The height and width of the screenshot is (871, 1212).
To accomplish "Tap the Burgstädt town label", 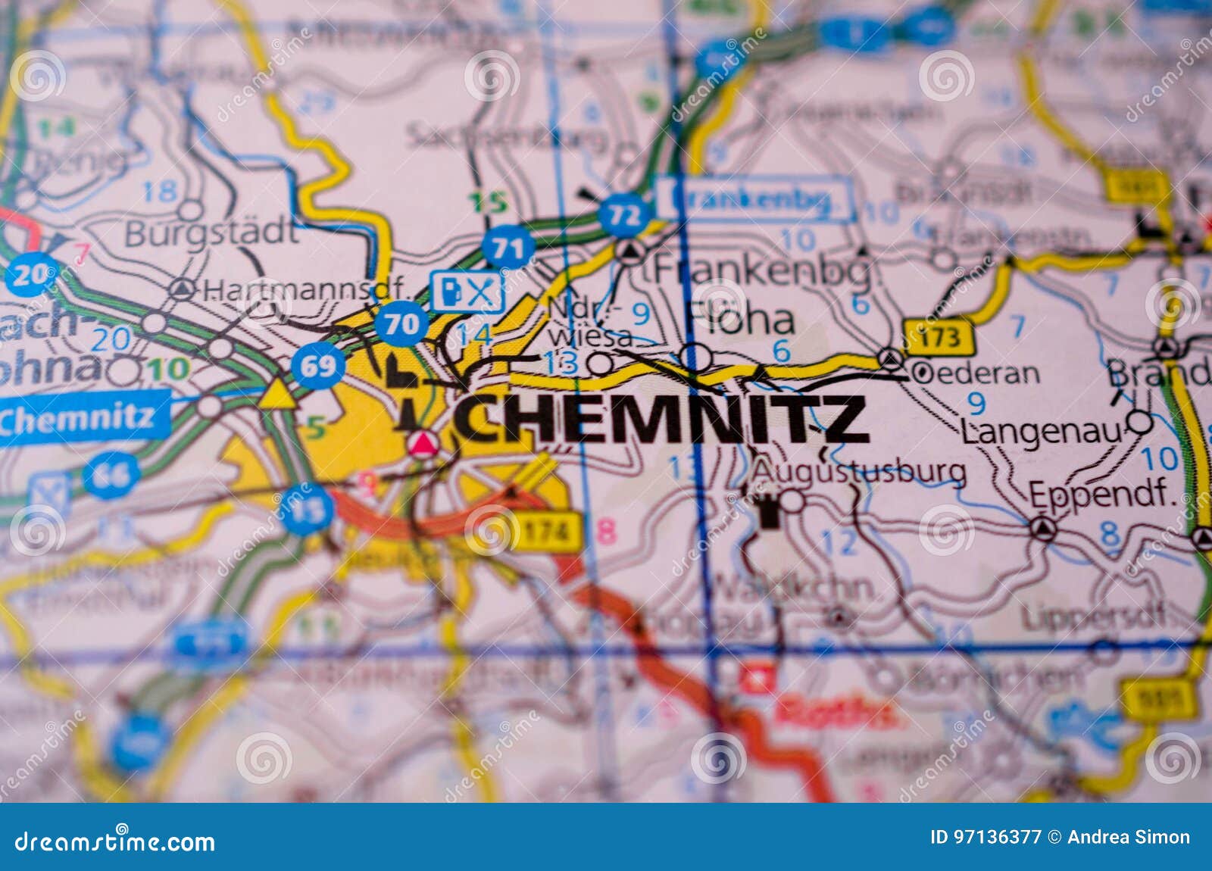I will point(211,232).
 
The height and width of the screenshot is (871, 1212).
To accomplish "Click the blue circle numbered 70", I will point(401,323).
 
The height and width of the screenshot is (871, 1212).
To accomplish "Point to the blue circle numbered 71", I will point(508,249).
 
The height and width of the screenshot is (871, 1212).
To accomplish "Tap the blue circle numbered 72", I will point(624,214).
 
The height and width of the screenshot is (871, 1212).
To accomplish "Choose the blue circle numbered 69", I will point(317,366).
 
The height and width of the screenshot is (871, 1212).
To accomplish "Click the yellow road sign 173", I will point(938,336).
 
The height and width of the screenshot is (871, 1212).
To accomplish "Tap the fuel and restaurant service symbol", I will point(467,291).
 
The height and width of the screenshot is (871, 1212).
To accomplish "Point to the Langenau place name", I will point(1041,432).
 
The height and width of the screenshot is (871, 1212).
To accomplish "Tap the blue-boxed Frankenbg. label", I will point(754,199).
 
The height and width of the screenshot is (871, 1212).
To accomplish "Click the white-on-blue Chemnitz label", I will point(79,417).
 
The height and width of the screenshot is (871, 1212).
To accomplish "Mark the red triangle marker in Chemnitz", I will point(423,443).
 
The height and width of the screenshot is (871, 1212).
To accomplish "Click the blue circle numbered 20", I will point(31,275).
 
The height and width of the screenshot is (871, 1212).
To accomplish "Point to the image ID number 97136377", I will point(986,837).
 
